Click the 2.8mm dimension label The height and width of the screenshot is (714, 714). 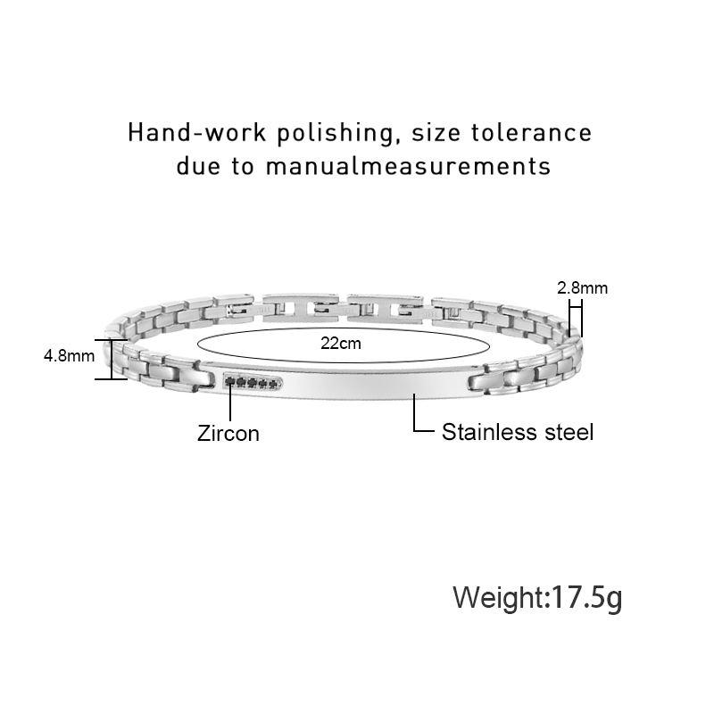tap(582, 287)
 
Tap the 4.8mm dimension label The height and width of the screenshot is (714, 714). tap(69, 356)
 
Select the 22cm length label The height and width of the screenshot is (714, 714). tap(340, 343)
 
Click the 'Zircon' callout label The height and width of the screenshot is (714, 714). tap(228, 434)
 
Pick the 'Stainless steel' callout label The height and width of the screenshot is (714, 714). tap(518, 432)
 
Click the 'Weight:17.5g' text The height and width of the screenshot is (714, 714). tap(537, 596)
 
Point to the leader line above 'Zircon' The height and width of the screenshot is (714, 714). tap(231, 403)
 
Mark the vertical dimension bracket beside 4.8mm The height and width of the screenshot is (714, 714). tap(112, 359)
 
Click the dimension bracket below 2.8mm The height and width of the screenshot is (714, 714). tap(576, 316)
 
